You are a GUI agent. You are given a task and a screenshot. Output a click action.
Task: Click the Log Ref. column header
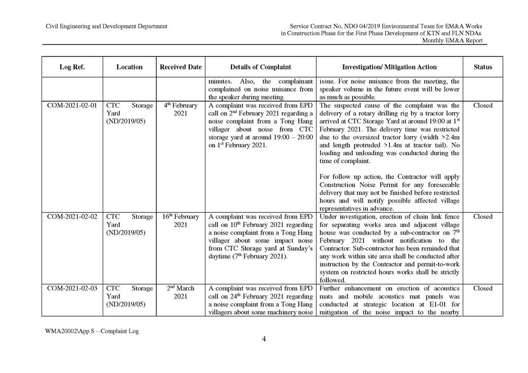[x=72, y=67]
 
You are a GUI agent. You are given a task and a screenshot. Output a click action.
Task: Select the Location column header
[x=129, y=67]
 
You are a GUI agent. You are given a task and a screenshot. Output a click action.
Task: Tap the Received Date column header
[x=180, y=67]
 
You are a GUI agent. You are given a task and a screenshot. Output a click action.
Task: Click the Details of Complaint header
[x=260, y=67]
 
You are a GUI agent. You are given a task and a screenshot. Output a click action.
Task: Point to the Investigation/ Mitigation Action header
[x=389, y=67]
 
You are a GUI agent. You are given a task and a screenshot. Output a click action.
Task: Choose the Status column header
[x=483, y=67]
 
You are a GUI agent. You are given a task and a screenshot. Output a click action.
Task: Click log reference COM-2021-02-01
[x=72, y=105]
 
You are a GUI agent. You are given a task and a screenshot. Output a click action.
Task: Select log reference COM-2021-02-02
[x=72, y=216]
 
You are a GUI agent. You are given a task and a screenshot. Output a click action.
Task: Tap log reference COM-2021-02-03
[x=72, y=288]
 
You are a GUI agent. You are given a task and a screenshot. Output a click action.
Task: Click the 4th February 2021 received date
[x=180, y=109]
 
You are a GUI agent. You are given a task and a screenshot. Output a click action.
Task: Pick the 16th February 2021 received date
[x=180, y=220]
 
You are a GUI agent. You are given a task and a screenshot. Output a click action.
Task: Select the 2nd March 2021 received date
[x=180, y=292]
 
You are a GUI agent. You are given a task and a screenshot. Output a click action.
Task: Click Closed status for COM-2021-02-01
[x=483, y=105]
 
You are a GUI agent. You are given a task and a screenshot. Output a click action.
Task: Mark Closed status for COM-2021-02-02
[x=483, y=216]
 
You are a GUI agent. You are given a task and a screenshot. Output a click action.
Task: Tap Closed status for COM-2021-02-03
[x=483, y=288]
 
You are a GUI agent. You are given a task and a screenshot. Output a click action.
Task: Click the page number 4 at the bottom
[x=264, y=339]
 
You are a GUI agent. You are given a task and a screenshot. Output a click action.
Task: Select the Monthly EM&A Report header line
[x=452, y=41]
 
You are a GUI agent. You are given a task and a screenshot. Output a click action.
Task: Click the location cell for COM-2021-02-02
[x=129, y=224]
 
